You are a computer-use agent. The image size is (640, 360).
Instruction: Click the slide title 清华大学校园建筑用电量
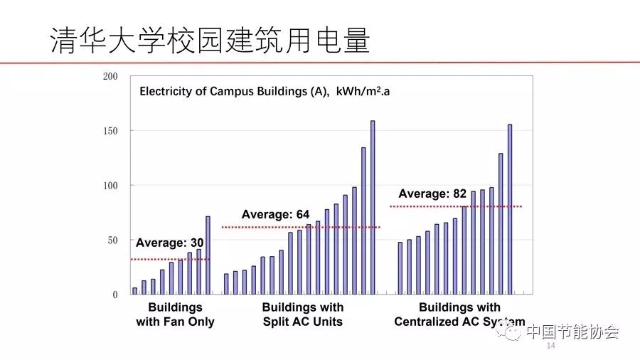pyautogui.click(x=210, y=41)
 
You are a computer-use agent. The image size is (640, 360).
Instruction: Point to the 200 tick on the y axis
pyautogui.click(x=110, y=76)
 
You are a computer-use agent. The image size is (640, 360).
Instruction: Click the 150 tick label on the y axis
pyautogui.click(x=110, y=131)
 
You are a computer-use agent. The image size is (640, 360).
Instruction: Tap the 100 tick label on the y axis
pyautogui.click(x=110, y=186)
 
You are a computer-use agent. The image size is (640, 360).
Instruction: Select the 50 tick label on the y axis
pyautogui.click(x=112, y=240)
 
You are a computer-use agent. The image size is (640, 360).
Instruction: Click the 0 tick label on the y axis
pyautogui.click(x=114, y=295)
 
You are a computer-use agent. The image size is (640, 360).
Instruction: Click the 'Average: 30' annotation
pyautogui.click(x=169, y=243)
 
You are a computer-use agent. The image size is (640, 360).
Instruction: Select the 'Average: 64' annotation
pyautogui.click(x=275, y=214)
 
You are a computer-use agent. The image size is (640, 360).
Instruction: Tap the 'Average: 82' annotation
pyautogui.click(x=432, y=194)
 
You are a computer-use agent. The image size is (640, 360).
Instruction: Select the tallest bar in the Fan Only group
pyautogui.click(x=208, y=255)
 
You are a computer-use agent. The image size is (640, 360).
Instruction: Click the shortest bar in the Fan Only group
pyautogui.click(x=135, y=291)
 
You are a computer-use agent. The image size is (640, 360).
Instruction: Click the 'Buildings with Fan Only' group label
pyautogui.click(x=175, y=314)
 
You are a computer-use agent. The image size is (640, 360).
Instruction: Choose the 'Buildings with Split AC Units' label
pyautogui.click(x=302, y=314)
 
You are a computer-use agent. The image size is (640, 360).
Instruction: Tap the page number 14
pyautogui.click(x=550, y=346)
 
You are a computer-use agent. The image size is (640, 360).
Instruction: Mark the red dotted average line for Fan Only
pyautogui.click(x=171, y=259)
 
